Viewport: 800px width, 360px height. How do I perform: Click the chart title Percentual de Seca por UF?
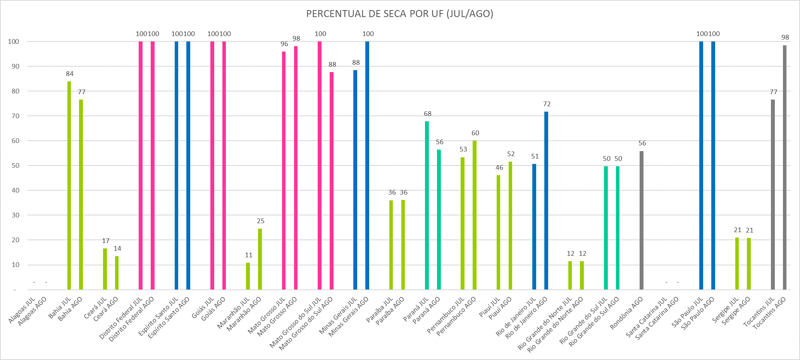pyautogui.click(x=399, y=14)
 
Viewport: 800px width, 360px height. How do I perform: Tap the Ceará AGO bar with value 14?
pyautogui.click(x=117, y=273)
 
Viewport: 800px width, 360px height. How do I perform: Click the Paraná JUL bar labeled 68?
pyautogui.click(x=427, y=205)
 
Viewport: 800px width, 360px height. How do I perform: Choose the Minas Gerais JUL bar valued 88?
pyautogui.click(x=355, y=180)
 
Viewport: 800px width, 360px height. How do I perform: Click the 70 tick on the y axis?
pyautogui.click(x=15, y=116)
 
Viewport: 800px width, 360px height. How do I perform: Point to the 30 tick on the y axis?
pyautogui.click(x=15, y=215)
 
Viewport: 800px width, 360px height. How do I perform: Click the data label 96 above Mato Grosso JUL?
pyautogui.click(x=284, y=44)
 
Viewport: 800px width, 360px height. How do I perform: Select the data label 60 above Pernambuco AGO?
pyautogui.click(x=475, y=133)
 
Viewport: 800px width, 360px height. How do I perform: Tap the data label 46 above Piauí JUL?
pyautogui.click(x=499, y=167)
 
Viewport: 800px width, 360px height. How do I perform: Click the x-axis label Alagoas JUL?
pyautogui.click(x=22, y=310)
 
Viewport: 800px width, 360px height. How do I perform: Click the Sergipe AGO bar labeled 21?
pyautogui.click(x=749, y=264)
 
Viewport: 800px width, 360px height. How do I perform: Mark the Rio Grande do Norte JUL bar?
pyautogui.click(x=570, y=275)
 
